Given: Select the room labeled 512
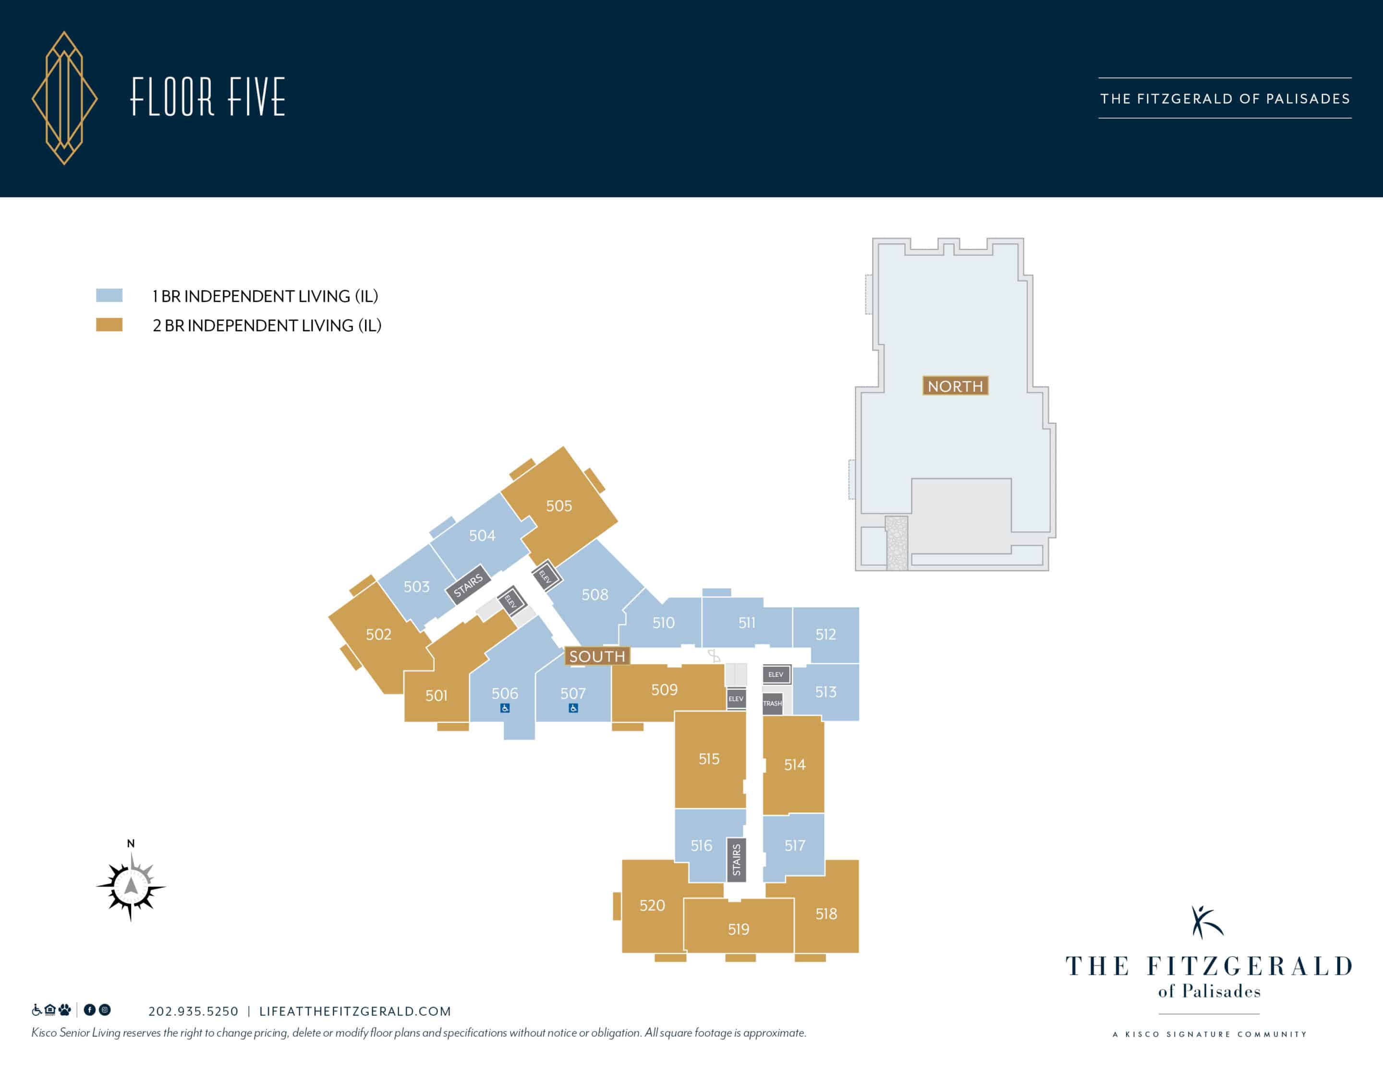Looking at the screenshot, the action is pos(826,635).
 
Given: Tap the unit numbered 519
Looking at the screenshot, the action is pos(739,928).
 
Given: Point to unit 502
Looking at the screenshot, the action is pos(379,635).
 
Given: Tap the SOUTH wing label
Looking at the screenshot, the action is pos(597,657).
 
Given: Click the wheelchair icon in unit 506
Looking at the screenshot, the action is pos(505,708).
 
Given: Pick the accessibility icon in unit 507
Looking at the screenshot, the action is pos(573,708).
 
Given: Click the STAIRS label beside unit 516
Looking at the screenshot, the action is pos(736,860).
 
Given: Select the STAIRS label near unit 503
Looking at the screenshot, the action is pos(468,586).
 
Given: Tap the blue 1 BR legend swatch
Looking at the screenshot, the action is pos(109,295).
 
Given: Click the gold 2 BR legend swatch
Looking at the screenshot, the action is pos(109,325).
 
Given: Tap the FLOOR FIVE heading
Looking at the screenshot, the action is pos(208,97).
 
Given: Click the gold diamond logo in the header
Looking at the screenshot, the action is pos(65,98).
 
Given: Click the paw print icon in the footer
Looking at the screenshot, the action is pos(65,1010).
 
